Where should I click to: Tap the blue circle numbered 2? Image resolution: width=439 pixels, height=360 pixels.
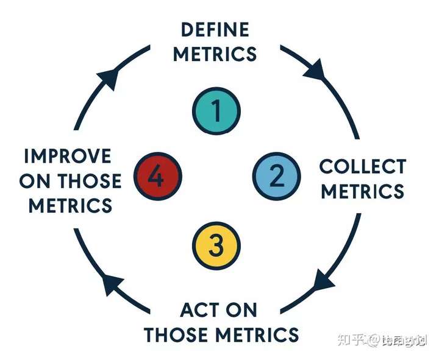[276, 177]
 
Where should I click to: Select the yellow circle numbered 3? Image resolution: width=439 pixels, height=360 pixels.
[216, 246]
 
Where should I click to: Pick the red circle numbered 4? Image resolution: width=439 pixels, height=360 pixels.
[157, 178]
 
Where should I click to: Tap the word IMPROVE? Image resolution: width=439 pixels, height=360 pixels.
[68, 156]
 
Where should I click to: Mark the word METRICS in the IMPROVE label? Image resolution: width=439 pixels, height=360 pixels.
[71, 205]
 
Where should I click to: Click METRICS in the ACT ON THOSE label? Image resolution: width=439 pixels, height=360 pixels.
[259, 334]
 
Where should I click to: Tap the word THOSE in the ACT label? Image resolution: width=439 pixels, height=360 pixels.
[178, 334]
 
